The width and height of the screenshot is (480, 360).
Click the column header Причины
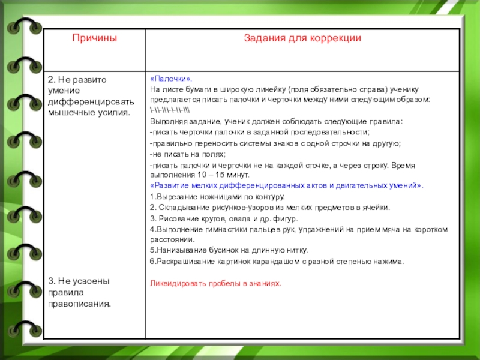[x=94, y=38]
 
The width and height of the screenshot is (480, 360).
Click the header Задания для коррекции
[x=302, y=38]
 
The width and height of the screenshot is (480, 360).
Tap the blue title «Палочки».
[x=171, y=79]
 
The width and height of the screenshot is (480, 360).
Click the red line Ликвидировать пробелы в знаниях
[x=215, y=283]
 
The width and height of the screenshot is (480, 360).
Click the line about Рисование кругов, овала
[x=223, y=218]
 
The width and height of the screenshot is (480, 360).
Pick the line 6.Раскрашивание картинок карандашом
[x=277, y=261]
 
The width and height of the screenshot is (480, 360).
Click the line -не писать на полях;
[x=184, y=154]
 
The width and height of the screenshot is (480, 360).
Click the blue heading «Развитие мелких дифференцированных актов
[x=286, y=186]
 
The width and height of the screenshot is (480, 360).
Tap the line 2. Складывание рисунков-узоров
[x=269, y=207]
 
